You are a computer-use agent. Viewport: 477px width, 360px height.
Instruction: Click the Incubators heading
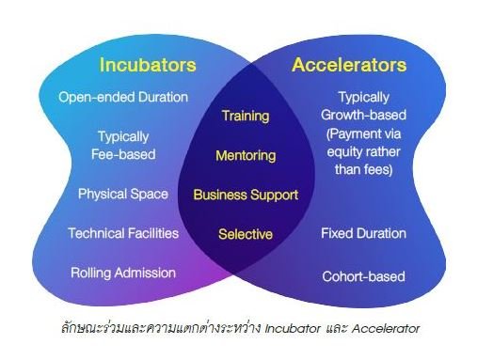148,65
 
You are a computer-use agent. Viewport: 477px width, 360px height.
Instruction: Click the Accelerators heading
349,65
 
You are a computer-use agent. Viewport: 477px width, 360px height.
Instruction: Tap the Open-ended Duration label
123,97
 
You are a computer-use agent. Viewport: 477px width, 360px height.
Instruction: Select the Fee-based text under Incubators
123,154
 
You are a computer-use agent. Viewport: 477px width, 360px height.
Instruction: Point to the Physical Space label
123,195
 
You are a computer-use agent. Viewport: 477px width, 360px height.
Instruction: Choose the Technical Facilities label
123,233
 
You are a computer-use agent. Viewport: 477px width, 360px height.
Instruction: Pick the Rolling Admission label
123,273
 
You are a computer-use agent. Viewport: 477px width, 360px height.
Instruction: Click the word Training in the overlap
246,117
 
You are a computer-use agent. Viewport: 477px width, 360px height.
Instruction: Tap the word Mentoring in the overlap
246,156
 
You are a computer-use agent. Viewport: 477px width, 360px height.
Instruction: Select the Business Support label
246,195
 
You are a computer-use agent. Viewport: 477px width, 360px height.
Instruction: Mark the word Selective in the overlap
246,234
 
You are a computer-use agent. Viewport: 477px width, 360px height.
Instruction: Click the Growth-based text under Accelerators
363,115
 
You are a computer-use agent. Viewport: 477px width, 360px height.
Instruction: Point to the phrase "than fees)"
364,169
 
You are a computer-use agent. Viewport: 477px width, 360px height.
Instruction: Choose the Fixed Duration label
363,233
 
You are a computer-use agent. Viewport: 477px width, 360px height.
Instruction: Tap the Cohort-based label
363,276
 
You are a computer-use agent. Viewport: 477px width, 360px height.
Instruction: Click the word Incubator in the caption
293,329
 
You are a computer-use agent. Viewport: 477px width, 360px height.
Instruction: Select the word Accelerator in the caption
386,329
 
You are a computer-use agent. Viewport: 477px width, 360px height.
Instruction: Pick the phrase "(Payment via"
364,134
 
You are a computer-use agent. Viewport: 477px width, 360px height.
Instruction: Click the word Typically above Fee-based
123,137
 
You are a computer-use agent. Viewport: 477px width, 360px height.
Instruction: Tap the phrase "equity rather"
364,152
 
